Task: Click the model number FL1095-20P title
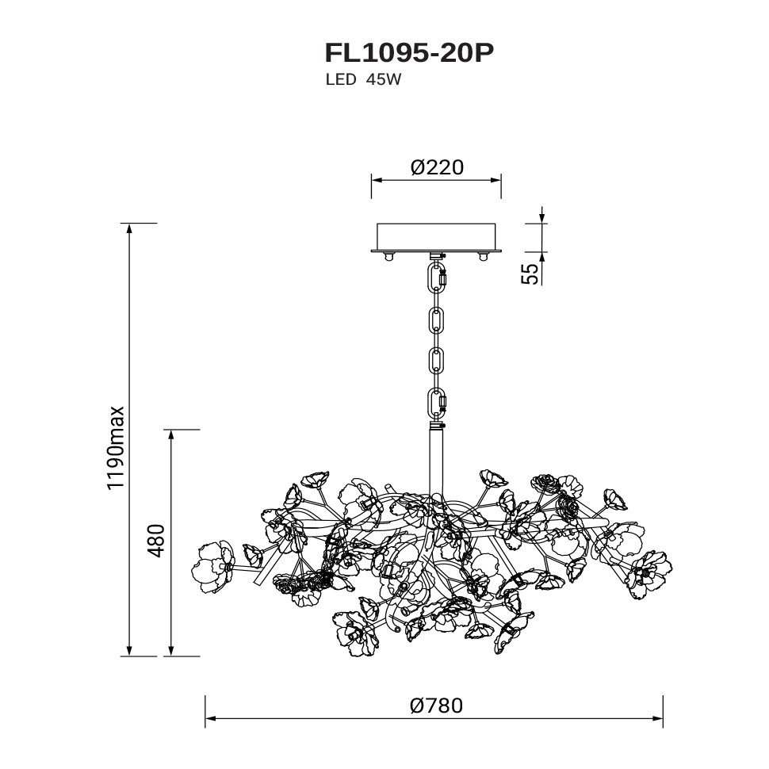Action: coord(409,53)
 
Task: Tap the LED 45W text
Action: coord(363,80)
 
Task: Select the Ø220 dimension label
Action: coord(437,168)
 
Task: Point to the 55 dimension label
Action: coord(530,274)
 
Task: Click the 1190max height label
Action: coord(117,447)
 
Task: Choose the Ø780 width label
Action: coord(436,706)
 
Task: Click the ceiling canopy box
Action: coord(436,238)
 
